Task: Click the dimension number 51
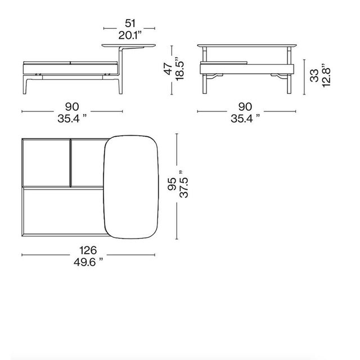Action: click(x=130, y=24)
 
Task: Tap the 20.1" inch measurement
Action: click(x=130, y=35)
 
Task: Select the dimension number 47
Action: click(x=168, y=69)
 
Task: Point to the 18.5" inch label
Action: click(x=180, y=68)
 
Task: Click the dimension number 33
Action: click(x=314, y=75)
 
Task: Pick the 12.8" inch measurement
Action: click(x=326, y=75)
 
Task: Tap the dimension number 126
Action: click(x=88, y=250)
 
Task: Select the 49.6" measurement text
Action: click(x=88, y=262)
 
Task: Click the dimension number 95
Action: click(x=172, y=184)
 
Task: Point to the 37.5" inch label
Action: click(x=184, y=184)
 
